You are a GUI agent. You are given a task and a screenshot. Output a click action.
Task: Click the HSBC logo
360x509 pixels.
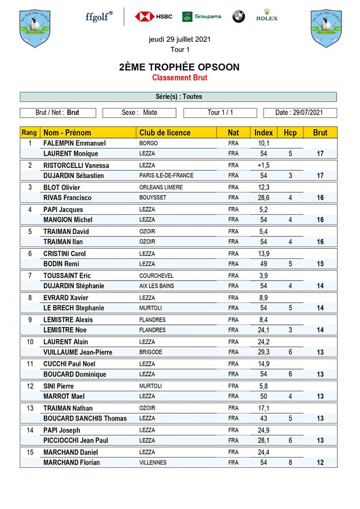[153, 16]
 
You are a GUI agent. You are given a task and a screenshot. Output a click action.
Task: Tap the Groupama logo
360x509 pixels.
[201, 16]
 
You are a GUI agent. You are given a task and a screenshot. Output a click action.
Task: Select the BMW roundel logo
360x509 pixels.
[239, 16]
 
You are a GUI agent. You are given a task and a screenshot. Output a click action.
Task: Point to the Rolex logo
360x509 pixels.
[267, 15]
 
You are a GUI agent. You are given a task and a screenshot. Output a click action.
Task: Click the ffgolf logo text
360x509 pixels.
[99, 16]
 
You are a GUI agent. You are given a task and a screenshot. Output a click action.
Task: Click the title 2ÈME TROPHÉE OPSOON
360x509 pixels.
[179, 67]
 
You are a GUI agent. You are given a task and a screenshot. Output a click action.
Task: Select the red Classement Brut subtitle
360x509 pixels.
[179, 78]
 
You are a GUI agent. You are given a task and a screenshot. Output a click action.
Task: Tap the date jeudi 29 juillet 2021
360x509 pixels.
[179, 39]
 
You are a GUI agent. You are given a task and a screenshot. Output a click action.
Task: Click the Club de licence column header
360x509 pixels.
[164, 133]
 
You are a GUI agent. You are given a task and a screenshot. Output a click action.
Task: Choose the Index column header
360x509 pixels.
[264, 133]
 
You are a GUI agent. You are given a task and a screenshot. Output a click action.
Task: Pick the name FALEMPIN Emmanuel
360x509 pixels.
[74, 143]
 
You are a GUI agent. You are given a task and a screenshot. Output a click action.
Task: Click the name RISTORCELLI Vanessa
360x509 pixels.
[76, 165]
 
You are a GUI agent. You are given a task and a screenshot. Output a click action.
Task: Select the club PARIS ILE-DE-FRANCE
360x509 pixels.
[166, 175]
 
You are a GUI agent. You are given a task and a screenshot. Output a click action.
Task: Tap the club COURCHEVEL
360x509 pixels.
[156, 276]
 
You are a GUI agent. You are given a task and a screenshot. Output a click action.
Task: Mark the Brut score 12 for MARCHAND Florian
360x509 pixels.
[320, 462]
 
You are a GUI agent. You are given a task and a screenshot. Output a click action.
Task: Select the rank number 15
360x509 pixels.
[30, 452]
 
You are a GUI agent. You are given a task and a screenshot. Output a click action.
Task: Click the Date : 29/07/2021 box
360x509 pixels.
[300, 112]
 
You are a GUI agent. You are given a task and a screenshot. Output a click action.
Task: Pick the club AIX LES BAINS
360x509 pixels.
[156, 286]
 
